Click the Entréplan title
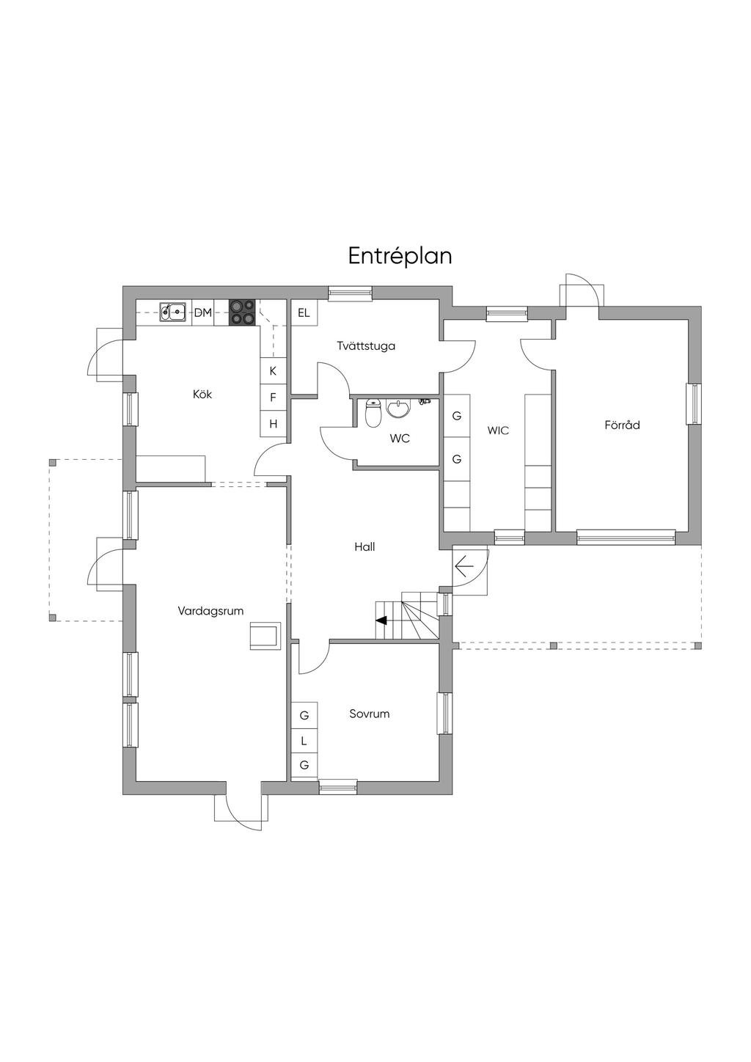click(400, 257)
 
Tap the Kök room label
click(202, 394)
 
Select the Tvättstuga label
click(366, 345)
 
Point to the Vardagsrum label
click(210, 611)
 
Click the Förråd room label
click(622, 425)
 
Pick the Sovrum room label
click(370, 714)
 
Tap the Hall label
click(364, 546)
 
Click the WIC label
click(498, 431)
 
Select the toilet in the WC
click(373, 413)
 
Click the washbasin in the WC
click(398, 409)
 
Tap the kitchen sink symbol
click(172, 312)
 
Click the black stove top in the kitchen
click(242, 312)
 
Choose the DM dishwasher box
click(203, 312)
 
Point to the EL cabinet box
click(304, 312)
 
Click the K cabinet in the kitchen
click(273, 371)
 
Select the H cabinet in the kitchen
click(273, 423)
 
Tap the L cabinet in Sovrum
click(304, 741)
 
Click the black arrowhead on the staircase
click(381, 620)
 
